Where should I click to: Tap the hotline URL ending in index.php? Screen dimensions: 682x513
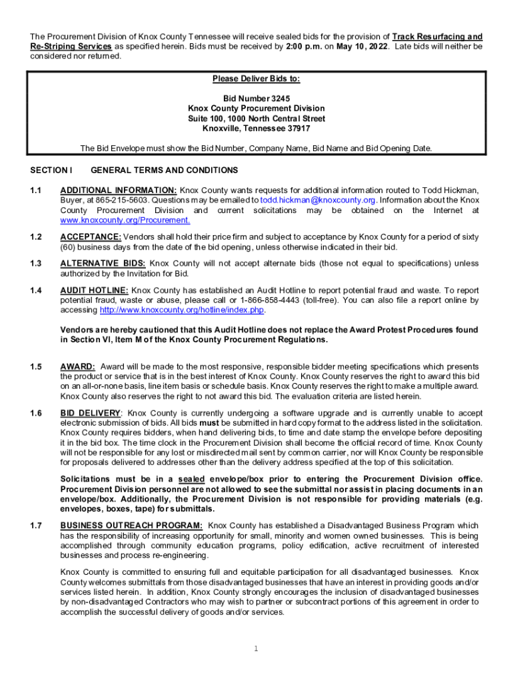pyautogui.click(x=182, y=310)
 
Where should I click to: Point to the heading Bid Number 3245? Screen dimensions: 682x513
pyautogui.click(x=256, y=98)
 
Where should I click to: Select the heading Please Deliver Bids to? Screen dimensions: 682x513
pyautogui.click(x=256, y=79)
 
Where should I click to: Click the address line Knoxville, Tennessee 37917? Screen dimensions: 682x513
pyautogui.click(x=256, y=129)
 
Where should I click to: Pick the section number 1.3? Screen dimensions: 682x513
pyautogui.click(x=36, y=263)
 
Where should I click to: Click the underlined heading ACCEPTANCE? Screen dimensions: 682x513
pyautogui.click(x=91, y=237)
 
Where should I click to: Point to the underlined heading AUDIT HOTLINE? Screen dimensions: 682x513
pyautogui.click(x=94, y=290)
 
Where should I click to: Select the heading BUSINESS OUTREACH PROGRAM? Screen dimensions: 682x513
pyautogui.click(x=131, y=525)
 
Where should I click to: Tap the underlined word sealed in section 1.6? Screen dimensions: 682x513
pyautogui.click(x=191, y=480)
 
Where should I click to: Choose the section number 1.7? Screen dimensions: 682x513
pyautogui.click(x=36, y=525)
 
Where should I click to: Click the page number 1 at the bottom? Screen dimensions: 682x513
pyautogui.click(x=256, y=649)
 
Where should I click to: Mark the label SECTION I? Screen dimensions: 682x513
pyautogui.click(x=51, y=170)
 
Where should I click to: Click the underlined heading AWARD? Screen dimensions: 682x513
pyautogui.click(x=77, y=367)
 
